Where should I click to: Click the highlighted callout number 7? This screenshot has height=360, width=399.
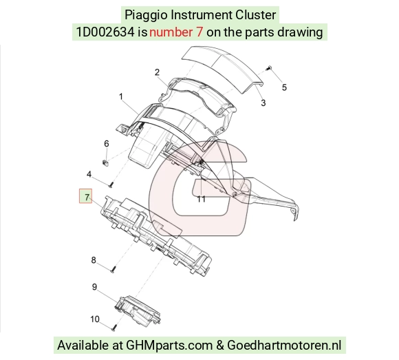[x=87, y=197]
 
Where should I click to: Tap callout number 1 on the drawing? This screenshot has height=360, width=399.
[x=121, y=97]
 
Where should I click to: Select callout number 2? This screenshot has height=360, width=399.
[x=157, y=72]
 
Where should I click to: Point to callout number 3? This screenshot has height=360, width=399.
[x=263, y=103]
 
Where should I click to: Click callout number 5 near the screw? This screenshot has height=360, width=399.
[x=284, y=87]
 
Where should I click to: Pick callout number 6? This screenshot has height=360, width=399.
[x=107, y=144]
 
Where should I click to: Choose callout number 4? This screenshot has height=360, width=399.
[x=89, y=174]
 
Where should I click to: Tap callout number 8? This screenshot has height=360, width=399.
[x=94, y=260]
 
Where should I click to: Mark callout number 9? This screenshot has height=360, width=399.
[x=94, y=287]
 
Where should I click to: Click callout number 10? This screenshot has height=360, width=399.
[x=95, y=319]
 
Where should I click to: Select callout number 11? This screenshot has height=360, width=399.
[x=202, y=199]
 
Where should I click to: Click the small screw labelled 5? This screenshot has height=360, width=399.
[x=269, y=68]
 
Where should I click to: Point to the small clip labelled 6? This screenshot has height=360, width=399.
[x=105, y=162]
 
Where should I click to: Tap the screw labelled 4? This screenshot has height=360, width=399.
[x=111, y=184]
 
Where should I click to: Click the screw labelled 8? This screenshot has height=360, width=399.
[x=113, y=269]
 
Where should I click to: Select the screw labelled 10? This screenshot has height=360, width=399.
[x=114, y=327]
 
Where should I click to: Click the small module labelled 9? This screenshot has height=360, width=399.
[x=138, y=310]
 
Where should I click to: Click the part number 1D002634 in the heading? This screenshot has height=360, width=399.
[x=105, y=32]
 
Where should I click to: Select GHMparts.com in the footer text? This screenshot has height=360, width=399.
[x=169, y=346]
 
